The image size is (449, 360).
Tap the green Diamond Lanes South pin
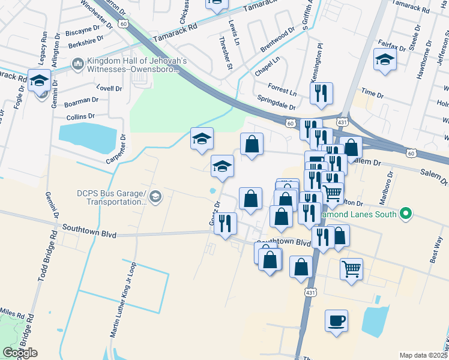tap(406, 213)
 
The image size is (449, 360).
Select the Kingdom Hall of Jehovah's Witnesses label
tap(137, 65)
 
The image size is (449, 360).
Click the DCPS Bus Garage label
tap(112, 197)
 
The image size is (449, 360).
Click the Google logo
tap(20, 353)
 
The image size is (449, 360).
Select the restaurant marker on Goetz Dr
tap(226, 224)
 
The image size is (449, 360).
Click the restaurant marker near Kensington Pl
tap(321, 93)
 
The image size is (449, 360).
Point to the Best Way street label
tap(436, 245)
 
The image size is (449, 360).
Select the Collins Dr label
tap(81, 116)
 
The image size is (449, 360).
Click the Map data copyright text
tap(423, 355)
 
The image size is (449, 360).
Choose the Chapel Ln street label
tap(267, 66)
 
